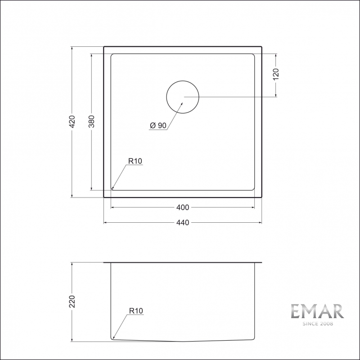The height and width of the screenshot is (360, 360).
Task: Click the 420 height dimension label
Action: tap(72, 121)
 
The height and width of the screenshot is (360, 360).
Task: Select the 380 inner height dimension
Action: tap(91, 121)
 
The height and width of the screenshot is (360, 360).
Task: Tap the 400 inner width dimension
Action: tap(183, 207)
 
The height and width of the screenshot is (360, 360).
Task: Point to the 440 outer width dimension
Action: tap(183, 222)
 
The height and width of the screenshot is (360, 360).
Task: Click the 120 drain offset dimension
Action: tap(276, 74)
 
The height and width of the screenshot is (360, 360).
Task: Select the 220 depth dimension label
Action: tap(72, 301)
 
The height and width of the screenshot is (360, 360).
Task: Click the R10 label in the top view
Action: tap(135, 161)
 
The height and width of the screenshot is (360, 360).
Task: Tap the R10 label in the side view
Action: tap(135, 310)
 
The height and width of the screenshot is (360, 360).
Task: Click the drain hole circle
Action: tap(183, 97)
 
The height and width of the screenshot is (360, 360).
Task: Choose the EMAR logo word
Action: tap(317, 311)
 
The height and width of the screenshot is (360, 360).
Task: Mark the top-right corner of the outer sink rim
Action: tap(261, 46)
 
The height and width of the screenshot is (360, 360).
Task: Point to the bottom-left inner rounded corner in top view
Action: tap(112, 189)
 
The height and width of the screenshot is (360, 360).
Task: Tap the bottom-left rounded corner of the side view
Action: tap(112, 337)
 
